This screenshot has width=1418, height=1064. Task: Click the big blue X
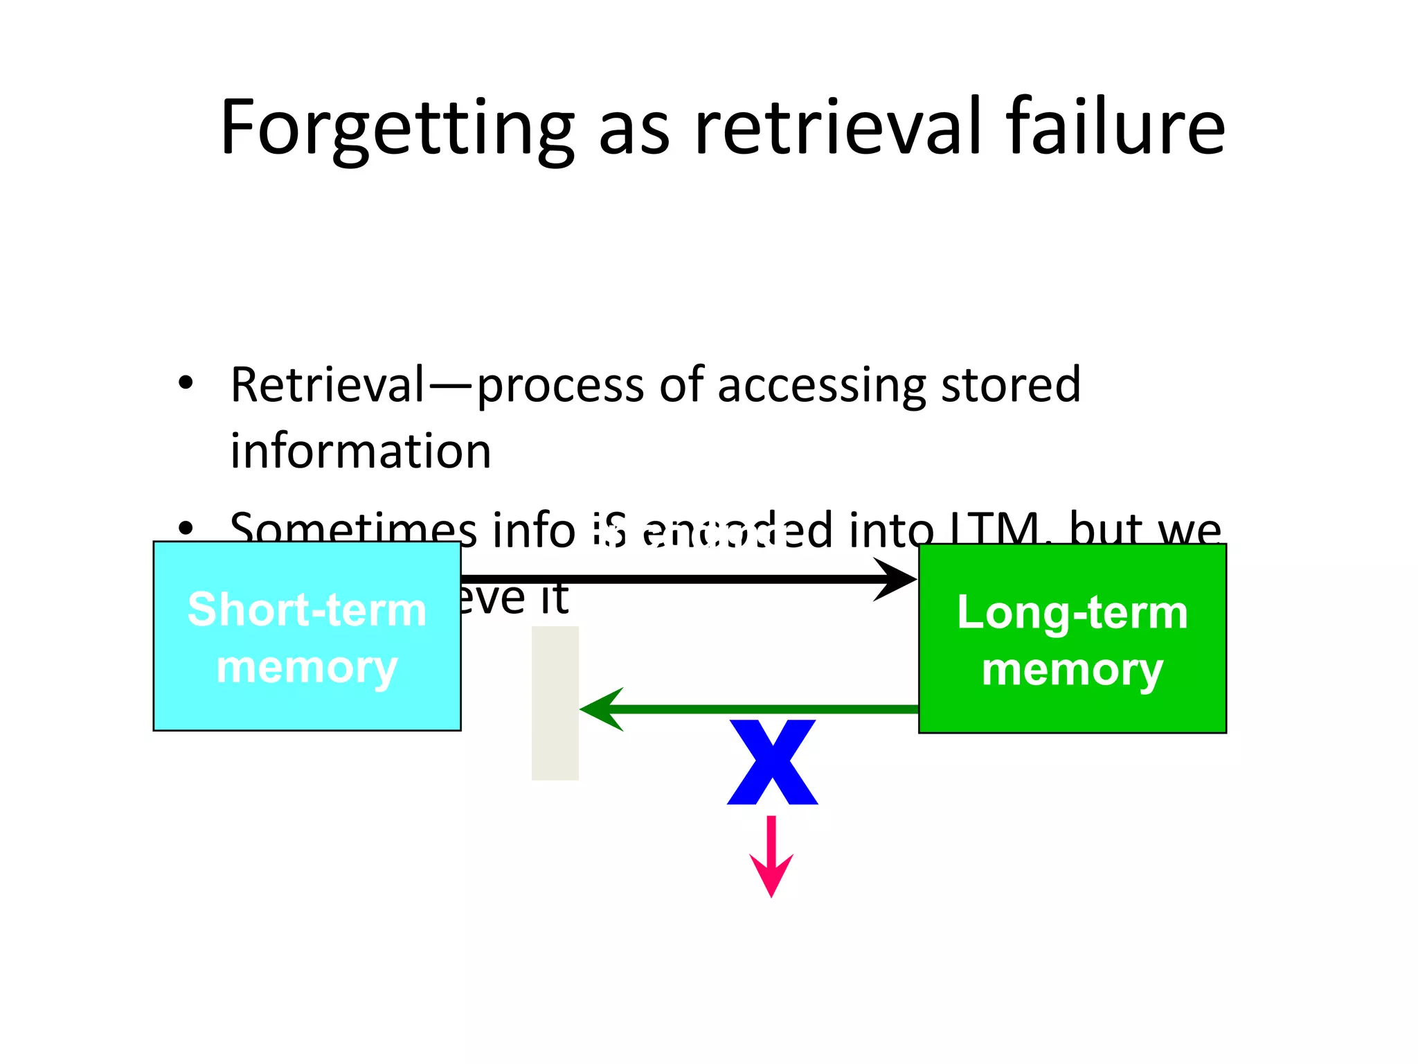pos(772,762)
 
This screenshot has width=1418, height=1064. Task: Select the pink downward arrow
pos(771,859)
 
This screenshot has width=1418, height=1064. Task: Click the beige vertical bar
pos(555,703)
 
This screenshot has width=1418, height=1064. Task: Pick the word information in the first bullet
pos(360,452)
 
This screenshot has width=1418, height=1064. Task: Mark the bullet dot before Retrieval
pos(185,383)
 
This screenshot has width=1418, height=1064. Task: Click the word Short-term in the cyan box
pos(307,610)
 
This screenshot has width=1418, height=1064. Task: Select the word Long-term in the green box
pos(1072,613)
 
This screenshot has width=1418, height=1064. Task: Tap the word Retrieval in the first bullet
pos(327,384)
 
